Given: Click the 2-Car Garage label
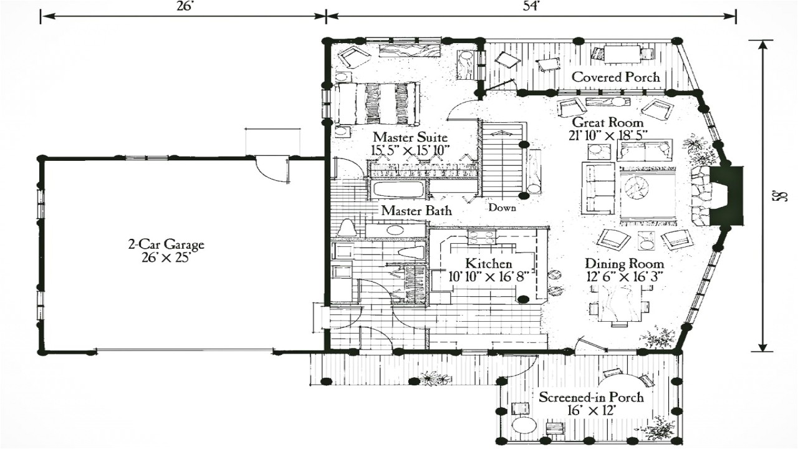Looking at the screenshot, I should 166,245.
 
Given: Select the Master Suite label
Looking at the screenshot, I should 410,137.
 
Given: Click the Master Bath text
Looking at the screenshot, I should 416,211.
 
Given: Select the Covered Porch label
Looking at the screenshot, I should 615,77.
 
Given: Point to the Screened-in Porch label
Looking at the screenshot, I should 591,397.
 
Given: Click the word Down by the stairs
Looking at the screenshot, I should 502,208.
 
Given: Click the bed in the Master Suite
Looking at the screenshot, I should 377,103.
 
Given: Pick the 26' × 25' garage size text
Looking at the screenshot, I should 166,257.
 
